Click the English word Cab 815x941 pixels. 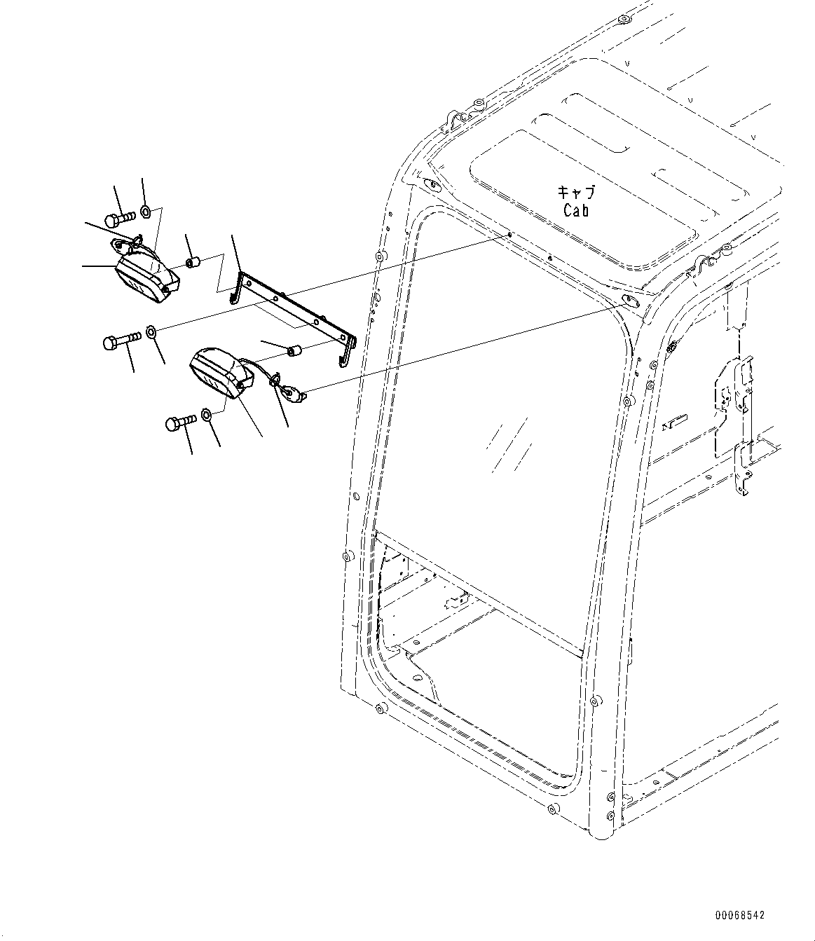click(x=576, y=210)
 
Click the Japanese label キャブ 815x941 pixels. click(x=577, y=192)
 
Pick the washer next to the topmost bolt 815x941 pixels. click(x=146, y=212)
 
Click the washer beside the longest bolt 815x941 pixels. click(x=151, y=332)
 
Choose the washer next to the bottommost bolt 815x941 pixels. click(x=205, y=415)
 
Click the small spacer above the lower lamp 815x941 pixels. click(x=293, y=351)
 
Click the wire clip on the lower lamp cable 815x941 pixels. click(x=275, y=379)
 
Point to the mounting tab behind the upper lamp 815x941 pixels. click(x=122, y=245)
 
